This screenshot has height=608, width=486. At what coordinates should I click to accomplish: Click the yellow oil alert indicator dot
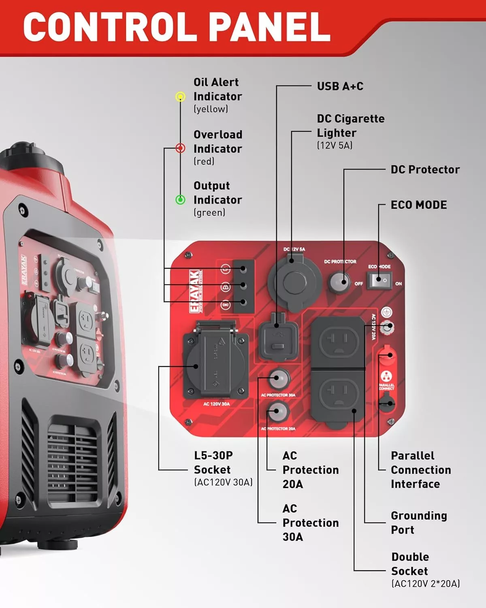180,96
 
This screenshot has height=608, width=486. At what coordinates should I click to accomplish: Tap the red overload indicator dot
181,148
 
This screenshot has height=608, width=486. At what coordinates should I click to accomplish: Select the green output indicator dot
180,199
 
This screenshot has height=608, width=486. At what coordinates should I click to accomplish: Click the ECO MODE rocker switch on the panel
379,280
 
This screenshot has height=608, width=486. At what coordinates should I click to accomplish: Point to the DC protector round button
339,282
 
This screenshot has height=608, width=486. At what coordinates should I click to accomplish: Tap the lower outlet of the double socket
339,394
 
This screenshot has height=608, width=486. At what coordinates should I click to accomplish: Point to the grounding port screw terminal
388,326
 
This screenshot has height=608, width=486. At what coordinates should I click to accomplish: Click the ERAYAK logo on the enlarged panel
195,291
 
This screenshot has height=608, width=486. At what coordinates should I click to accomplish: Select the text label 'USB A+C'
340,86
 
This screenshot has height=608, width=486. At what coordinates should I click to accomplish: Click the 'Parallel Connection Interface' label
420,470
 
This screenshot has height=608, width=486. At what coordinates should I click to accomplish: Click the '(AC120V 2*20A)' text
425,584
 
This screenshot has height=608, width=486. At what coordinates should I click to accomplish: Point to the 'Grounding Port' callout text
418,522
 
